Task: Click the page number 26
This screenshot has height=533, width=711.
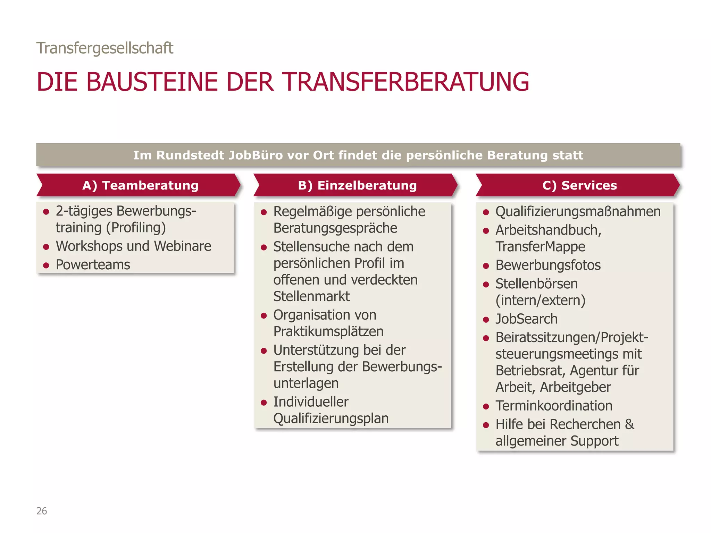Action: pos(42,511)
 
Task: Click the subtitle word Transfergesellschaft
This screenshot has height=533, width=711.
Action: pos(104,48)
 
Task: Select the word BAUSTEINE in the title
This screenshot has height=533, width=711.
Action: pos(151,82)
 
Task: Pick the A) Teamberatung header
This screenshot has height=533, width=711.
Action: pos(140,185)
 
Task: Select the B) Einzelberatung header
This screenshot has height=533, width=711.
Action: pos(357,185)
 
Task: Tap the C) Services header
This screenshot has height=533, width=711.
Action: pos(579,185)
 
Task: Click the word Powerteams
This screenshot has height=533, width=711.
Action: pos(93,265)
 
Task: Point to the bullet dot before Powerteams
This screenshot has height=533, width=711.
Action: pos(46,265)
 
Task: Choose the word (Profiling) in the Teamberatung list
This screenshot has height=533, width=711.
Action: pos(136,228)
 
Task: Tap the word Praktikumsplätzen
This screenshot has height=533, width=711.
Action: pos(328,331)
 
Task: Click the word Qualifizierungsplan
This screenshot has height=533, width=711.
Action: pos(331,418)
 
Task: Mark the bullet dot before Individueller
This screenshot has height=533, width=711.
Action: pos(264,403)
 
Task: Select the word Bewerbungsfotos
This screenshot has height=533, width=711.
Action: pos(548,265)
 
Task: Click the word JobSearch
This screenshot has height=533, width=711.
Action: pos(526,319)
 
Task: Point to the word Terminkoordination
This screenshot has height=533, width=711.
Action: pos(554,406)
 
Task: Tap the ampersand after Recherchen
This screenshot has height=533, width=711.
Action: pos(629,424)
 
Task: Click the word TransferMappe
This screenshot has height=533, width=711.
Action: pos(540,247)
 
